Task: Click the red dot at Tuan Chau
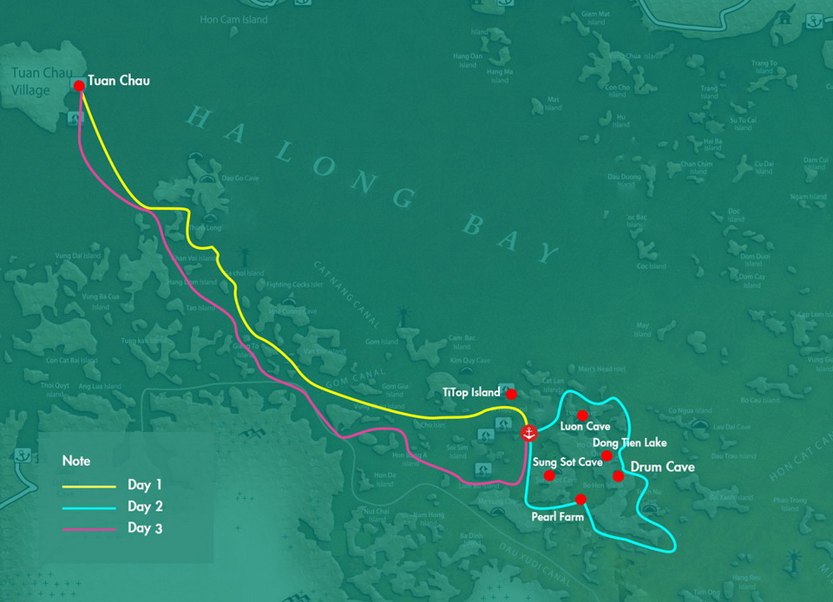pyautogui.click(x=79, y=86)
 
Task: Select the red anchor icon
pyautogui.click(x=528, y=433)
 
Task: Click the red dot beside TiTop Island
pyautogui.click(x=511, y=394)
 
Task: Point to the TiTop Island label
pyautogui.click(x=471, y=393)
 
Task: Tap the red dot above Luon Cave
pyautogui.click(x=583, y=416)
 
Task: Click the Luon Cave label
pyautogui.click(x=585, y=427)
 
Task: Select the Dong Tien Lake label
pyautogui.click(x=629, y=443)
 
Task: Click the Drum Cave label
pyautogui.click(x=662, y=468)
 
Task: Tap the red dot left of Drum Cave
pyautogui.click(x=618, y=475)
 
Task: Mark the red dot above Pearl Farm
pyautogui.click(x=580, y=499)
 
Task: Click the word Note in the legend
pyautogui.click(x=76, y=461)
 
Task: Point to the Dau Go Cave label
pyautogui.click(x=240, y=179)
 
